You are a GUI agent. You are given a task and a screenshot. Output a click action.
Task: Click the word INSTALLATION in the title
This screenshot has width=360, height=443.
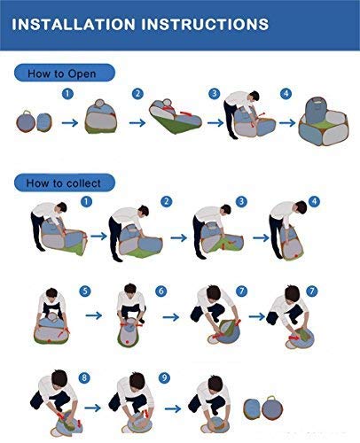click(x=74, y=24)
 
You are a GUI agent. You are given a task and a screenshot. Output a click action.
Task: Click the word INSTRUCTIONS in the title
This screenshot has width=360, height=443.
click(x=205, y=24)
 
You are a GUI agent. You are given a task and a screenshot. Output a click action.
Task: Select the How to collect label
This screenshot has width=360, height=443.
click(x=64, y=183)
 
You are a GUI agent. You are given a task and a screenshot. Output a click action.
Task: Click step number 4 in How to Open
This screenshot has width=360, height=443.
click(x=286, y=94)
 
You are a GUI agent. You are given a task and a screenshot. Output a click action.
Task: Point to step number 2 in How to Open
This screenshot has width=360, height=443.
click(x=137, y=94)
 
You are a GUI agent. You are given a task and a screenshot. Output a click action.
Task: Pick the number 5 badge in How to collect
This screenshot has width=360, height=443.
click(x=85, y=291)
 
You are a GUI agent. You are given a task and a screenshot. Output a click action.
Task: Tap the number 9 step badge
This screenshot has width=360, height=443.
click(x=164, y=377)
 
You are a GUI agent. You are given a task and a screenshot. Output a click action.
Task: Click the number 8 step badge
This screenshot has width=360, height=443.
click(x=84, y=377)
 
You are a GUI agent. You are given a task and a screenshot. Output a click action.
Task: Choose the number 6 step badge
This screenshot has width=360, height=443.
click(x=161, y=291)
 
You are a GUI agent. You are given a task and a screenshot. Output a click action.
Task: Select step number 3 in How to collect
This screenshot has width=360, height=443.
click(x=241, y=201)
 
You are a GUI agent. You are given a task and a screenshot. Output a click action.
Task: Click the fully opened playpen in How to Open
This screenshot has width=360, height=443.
click(x=324, y=121)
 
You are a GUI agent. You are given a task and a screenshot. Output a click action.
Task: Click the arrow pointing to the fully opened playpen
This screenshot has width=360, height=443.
click(x=287, y=123)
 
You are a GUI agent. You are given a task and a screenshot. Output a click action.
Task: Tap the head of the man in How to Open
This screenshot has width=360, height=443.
click(x=254, y=96)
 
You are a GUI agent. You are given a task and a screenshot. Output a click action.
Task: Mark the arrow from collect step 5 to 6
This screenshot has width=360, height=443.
click(x=94, y=315)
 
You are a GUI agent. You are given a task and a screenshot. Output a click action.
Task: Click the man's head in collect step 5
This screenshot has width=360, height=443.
click(x=52, y=293)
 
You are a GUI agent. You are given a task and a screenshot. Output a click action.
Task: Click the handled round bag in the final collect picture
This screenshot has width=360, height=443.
click(x=272, y=408)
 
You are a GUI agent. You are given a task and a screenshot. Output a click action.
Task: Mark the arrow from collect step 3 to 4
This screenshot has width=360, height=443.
click(x=262, y=237)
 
